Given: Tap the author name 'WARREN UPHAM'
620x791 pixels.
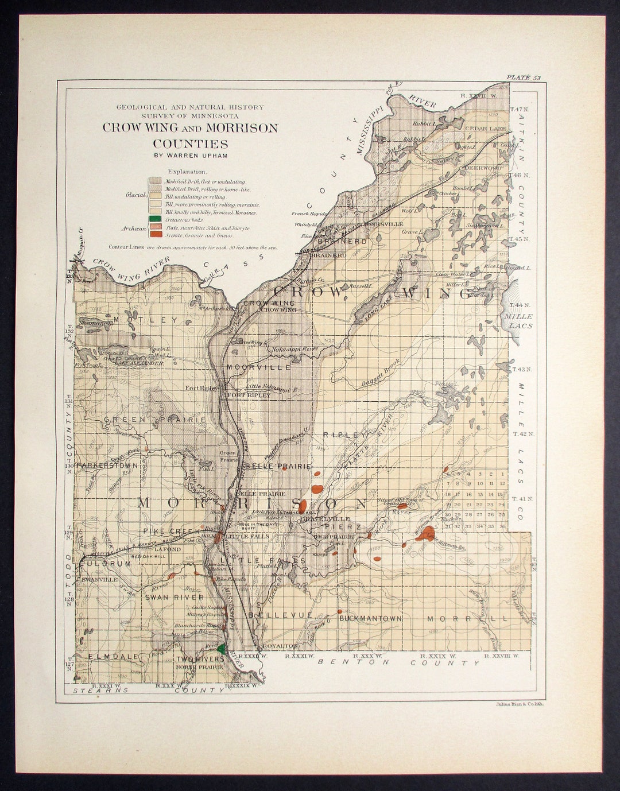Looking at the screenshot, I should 190,154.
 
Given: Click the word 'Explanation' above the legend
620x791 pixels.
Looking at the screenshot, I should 188,171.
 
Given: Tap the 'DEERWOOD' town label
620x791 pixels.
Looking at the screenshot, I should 483,168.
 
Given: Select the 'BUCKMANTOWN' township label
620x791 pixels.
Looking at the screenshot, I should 370,619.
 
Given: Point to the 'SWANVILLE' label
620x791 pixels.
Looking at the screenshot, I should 100,580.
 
